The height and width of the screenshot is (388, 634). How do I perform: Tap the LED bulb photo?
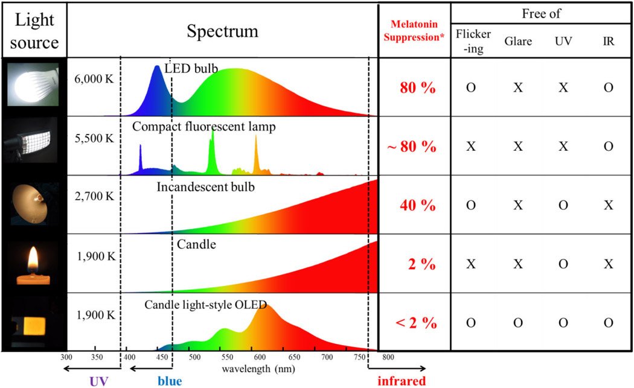34,84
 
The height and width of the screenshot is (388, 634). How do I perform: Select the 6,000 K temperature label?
94,79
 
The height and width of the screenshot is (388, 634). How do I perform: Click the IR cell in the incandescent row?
608,205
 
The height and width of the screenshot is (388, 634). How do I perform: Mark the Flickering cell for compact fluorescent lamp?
471,147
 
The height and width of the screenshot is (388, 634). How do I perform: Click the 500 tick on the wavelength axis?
195,357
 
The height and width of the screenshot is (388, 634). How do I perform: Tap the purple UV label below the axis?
99,381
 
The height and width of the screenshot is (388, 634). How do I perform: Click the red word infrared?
402,381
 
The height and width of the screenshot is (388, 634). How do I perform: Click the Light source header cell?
34,31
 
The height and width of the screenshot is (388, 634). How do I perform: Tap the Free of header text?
541,13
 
